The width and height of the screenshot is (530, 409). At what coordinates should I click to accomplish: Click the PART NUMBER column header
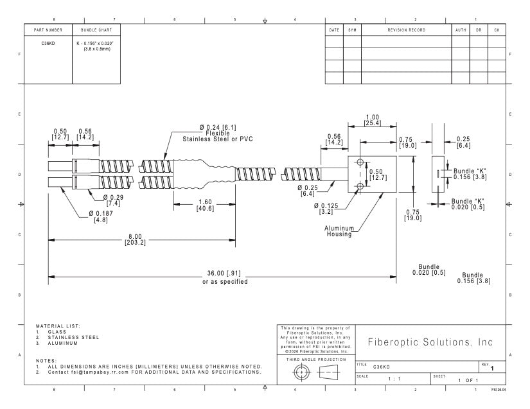click(x=48, y=30)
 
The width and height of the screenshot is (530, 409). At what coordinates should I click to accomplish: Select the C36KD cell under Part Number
click(x=48, y=43)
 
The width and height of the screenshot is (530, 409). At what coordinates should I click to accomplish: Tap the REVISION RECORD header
click(x=406, y=30)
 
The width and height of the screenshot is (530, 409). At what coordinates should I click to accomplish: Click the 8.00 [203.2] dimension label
click(x=135, y=239)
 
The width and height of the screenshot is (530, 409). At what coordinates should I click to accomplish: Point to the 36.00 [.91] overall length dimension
click(x=224, y=274)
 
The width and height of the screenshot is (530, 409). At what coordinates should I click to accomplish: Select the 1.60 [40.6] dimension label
click(x=205, y=205)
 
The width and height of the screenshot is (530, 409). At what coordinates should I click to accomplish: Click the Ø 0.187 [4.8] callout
click(x=101, y=216)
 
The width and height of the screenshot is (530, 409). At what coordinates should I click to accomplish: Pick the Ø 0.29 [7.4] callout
click(x=113, y=200)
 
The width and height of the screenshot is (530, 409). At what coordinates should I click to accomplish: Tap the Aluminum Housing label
click(x=339, y=231)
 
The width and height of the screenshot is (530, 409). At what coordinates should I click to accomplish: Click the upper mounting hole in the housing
click(x=360, y=162)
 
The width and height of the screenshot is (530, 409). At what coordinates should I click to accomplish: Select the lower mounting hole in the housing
click(x=360, y=186)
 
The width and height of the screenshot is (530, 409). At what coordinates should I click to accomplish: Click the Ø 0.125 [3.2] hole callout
click(x=326, y=209)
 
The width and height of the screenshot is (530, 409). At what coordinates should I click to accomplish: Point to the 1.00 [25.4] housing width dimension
click(x=372, y=120)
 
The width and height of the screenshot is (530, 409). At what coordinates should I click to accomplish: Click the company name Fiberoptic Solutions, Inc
click(x=430, y=342)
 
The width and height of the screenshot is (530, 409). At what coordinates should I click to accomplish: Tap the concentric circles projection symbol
click(x=300, y=372)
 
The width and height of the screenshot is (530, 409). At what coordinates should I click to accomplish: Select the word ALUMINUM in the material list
click(x=63, y=343)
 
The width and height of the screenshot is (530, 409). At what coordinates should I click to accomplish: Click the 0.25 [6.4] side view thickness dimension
click(x=463, y=142)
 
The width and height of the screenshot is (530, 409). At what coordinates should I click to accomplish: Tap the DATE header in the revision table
click(x=334, y=30)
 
